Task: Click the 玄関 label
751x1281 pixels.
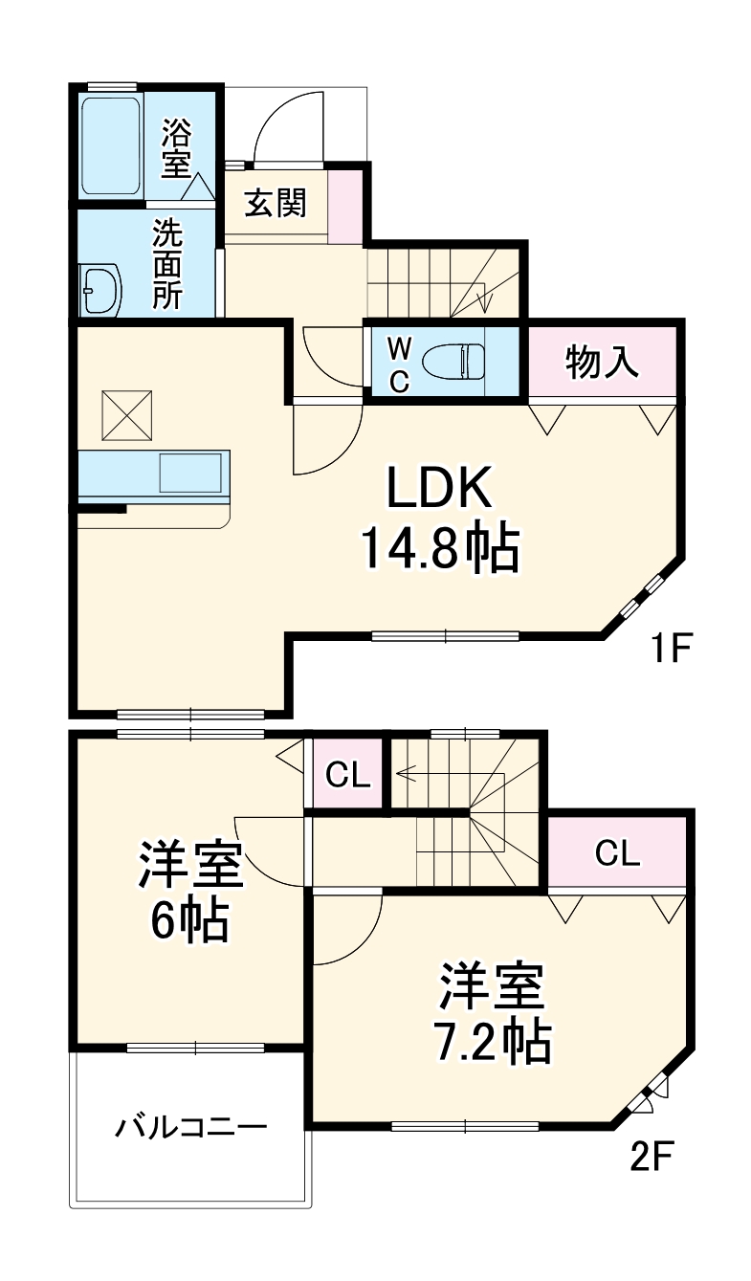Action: [275, 204]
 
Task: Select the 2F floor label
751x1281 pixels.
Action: [653, 1158]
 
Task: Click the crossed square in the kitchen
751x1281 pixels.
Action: [126, 412]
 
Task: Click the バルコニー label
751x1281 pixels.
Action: [191, 1127]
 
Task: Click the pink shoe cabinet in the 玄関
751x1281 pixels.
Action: [345, 206]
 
